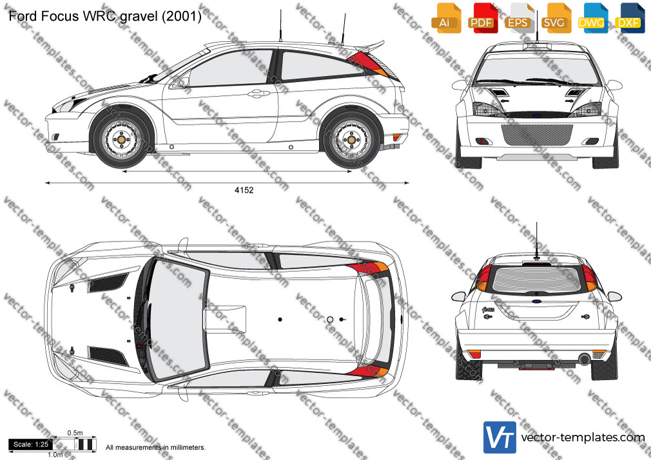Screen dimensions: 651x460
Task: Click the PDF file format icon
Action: pyautogui.click(x=483, y=18)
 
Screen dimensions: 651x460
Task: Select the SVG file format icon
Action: pyautogui.click(x=556, y=18)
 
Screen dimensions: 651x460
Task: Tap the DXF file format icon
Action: pyautogui.click(x=630, y=18)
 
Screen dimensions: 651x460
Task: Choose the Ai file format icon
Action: pyautogui.click(x=446, y=18)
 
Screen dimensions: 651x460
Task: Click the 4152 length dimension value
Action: pyautogui.click(x=244, y=190)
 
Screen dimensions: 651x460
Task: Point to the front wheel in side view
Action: pyautogui.click(x=121, y=140)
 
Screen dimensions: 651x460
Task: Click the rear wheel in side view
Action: pyautogui.click(x=352, y=140)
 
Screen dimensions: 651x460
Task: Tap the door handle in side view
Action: pyautogui.click(x=258, y=93)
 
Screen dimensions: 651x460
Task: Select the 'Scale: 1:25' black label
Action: pyautogui.click(x=31, y=445)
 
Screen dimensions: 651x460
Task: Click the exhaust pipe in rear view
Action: pyautogui.click(x=584, y=359)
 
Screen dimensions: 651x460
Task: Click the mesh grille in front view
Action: pyautogui.click(x=537, y=135)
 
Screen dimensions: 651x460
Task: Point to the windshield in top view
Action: pyautogui.click(x=178, y=319)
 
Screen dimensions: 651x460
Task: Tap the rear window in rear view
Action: pyautogui.click(x=536, y=279)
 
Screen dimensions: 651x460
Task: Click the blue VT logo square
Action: pyautogui.click(x=500, y=437)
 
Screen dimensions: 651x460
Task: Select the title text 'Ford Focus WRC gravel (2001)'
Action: pyautogui.click(x=105, y=16)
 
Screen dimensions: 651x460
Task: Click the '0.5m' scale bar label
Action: pyautogui.click(x=75, y=433)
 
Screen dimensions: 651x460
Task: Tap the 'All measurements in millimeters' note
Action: pyautogui.click(x=156, y=448)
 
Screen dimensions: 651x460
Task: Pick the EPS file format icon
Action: pyautogui.click(x=520, y=18)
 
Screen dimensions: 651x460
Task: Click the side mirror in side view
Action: pyautogui.click(x=180, y=82)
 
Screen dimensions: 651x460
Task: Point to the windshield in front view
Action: pyautogui.click(x=538, y=69)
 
